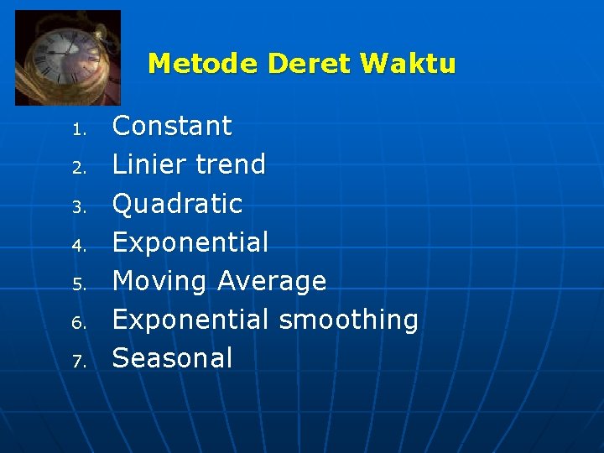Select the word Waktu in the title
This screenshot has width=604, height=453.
coord(408,64)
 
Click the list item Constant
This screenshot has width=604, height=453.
coord(172,126)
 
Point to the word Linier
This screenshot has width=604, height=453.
coord(147,164)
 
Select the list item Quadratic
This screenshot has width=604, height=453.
coord(177,203)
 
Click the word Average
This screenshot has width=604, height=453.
coord(272,281)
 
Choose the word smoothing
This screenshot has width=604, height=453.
coord(348,320)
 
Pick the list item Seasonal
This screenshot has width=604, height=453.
coord(172,358)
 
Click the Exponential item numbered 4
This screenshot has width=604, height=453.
coord(190,242)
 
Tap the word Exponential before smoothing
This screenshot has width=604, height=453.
coord(190,320)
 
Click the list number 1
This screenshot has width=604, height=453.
coord(79,130)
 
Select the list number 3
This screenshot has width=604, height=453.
coord(79,207)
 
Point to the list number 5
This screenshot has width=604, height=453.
coord(79,284)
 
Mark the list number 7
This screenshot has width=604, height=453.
coord(79,362)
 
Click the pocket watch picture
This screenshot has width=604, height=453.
coord(68,57)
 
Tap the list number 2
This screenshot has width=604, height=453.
coord(79,169)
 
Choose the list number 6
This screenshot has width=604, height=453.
coord(79,323)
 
